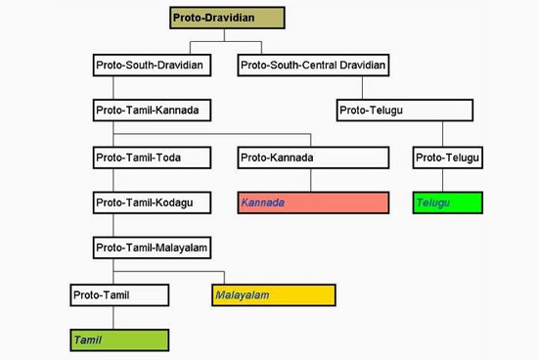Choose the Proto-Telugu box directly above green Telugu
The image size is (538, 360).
[x=448, y=157]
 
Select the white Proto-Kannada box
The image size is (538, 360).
[x=312, y=157]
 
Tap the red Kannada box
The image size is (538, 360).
[x=312, y=202]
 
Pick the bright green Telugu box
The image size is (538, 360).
[x=448, y=202]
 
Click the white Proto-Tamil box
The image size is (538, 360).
[x=119, y=293]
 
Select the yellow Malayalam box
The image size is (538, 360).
[x=273, y=293]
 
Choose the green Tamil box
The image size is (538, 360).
[x=119, y=339]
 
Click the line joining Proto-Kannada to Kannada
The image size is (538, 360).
[x=312, y=180]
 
